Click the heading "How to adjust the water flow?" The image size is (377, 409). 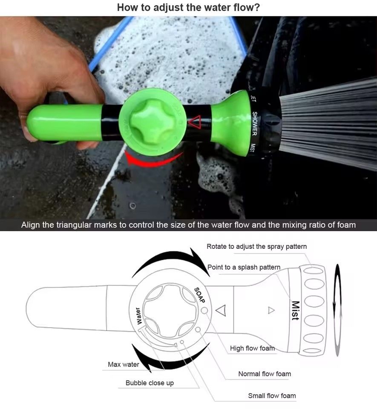click(x=189, y=7)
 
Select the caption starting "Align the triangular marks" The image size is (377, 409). click(x=188, y=225)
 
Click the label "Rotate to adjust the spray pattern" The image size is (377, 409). click(x=256, y=247)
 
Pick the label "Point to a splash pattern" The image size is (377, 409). click(x=244, y=267)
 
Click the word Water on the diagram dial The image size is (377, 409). click(x=138, y=316)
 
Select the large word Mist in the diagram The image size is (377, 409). click(x=295, y=311)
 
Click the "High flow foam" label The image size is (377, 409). click(x=252, y=348)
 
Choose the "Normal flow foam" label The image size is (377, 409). click(x=265, y=374)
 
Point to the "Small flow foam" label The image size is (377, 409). click(x=272, y=395)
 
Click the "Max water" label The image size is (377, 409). click(x=123, y=364)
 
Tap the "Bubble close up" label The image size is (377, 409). click(x=150, y=383)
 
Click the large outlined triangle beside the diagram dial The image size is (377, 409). click(x=220, y=311)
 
